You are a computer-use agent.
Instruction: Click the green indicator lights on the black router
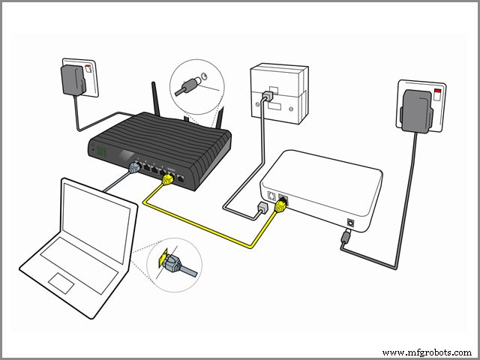[x=101, y=151]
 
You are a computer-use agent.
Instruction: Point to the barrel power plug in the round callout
[x=188, y=87]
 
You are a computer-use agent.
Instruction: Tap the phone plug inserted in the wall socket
[x=267, y=98]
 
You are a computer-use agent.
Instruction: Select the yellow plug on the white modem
[x=283, y=207]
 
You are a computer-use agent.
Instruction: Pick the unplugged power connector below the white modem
[x=343, y=238]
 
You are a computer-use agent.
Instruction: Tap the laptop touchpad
[x=60, y=280]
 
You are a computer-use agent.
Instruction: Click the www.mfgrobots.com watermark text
[x=427, y=352]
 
